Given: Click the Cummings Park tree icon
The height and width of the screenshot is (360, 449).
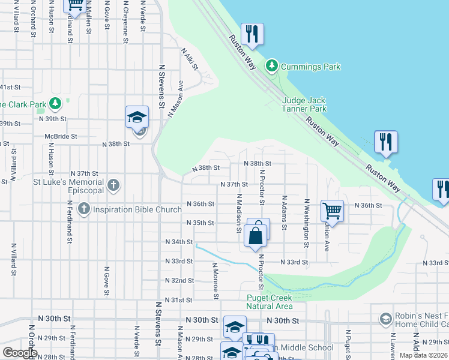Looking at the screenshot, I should coord(272,65).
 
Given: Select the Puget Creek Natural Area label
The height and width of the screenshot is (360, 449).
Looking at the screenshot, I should coord(269,302).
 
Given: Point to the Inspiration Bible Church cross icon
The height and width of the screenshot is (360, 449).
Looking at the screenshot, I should coord(83,209).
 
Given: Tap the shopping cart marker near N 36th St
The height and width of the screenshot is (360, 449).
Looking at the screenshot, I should coord(332,211).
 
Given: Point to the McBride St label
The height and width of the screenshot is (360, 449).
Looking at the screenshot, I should coord(61,136).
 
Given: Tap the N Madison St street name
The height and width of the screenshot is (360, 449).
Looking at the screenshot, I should coord(239,212).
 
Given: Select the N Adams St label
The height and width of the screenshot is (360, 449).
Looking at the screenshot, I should coord(284,212).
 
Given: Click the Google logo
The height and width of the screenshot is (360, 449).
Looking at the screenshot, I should coord(20,353).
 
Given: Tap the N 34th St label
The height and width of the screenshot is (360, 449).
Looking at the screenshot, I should coord(179,242).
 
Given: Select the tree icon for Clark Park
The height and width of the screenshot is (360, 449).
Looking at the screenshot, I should coord(55,104).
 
